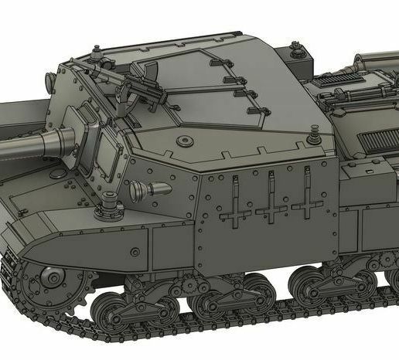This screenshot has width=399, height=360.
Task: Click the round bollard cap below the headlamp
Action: coord(107,206)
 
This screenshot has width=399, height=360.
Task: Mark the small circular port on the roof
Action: coord(183,140)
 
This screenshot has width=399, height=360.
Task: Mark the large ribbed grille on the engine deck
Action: coord(379,143)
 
